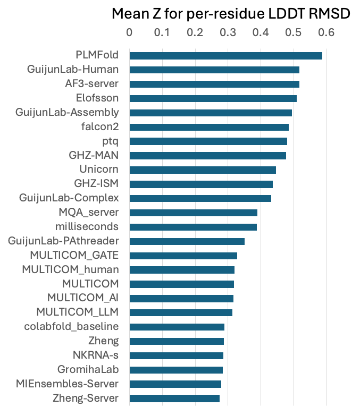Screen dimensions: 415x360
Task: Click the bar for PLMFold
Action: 225,55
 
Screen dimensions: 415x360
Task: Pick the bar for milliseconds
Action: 193,227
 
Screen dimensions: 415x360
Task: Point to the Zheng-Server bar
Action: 174,399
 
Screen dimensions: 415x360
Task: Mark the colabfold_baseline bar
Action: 177,327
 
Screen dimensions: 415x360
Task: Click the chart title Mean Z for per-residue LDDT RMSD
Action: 231,14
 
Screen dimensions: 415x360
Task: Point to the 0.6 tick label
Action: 326,32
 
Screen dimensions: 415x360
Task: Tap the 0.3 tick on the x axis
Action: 228,32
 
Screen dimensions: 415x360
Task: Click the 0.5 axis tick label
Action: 293,32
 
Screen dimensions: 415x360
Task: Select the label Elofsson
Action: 97,98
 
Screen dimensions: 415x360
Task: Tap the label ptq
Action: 110,141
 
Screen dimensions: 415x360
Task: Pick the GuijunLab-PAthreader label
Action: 63,241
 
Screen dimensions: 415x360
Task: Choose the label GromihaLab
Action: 88,369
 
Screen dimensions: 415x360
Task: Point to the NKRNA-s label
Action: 96,355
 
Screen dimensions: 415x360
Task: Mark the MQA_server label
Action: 89,213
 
